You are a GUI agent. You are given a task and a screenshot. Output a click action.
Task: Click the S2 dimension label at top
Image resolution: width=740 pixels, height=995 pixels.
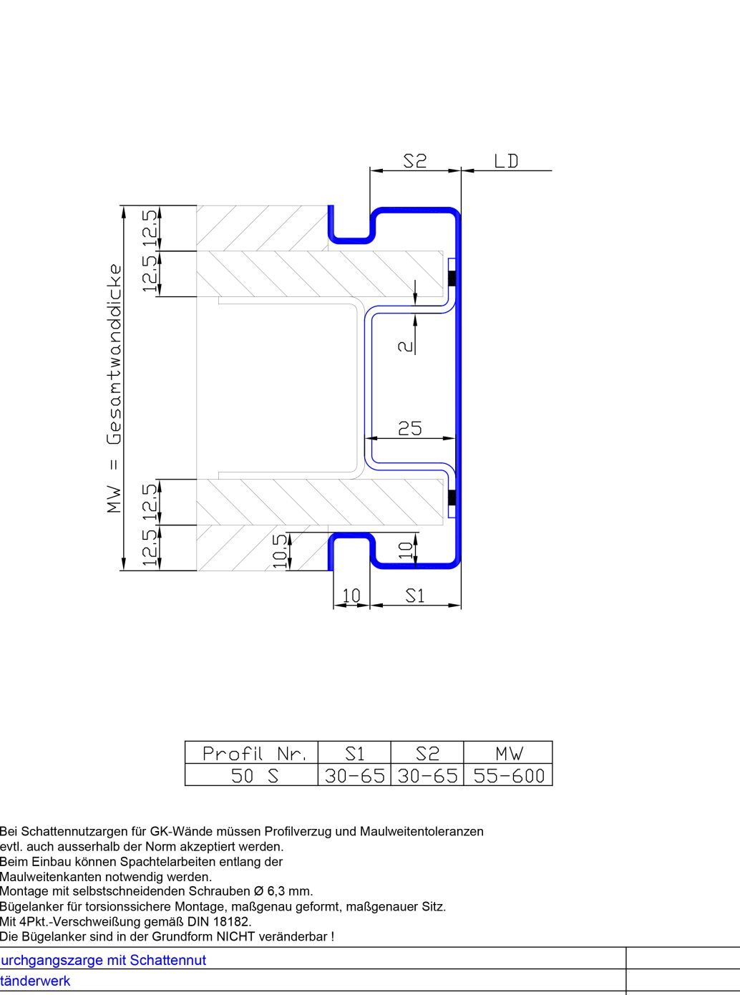(x=415, y=160)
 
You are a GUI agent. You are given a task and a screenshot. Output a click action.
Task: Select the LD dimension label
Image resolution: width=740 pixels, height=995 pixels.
(x=506, y=161)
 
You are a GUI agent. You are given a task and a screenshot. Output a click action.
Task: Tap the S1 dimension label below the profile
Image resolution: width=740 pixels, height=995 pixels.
(x=415, y=596)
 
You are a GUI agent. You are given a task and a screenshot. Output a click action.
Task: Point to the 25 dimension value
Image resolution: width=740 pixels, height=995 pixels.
(x=410, y=428)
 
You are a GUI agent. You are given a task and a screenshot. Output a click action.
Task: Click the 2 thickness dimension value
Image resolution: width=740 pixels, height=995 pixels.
(x=406, y=346)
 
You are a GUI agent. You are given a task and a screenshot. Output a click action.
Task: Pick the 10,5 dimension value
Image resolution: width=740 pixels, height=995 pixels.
(x=278, y=551)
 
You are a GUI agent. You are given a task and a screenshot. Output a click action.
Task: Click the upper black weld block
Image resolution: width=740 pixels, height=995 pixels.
(x=452, y=278)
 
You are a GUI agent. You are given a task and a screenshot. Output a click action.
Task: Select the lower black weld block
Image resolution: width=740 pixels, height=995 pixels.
(x=452, y=497)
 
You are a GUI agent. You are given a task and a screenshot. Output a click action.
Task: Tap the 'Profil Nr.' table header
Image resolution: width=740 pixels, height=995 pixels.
(x=255, y=754)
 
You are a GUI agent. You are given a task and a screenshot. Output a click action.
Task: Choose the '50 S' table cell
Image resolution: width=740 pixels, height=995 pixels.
(x=255, y=776)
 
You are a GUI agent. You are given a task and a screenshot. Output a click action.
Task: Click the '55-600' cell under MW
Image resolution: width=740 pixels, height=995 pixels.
(x=509, y=776)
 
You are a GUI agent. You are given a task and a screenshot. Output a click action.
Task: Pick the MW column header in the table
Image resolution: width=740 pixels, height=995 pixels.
(x=509, y=754)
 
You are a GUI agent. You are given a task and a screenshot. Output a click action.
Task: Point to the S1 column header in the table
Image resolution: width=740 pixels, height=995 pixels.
(x=355, y=754)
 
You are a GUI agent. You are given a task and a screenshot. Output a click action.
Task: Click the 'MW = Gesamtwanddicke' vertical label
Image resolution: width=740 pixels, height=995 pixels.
(x=115, y=389)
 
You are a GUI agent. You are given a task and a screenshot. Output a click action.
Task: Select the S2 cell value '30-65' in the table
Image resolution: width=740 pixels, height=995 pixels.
(x=427, y=776)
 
